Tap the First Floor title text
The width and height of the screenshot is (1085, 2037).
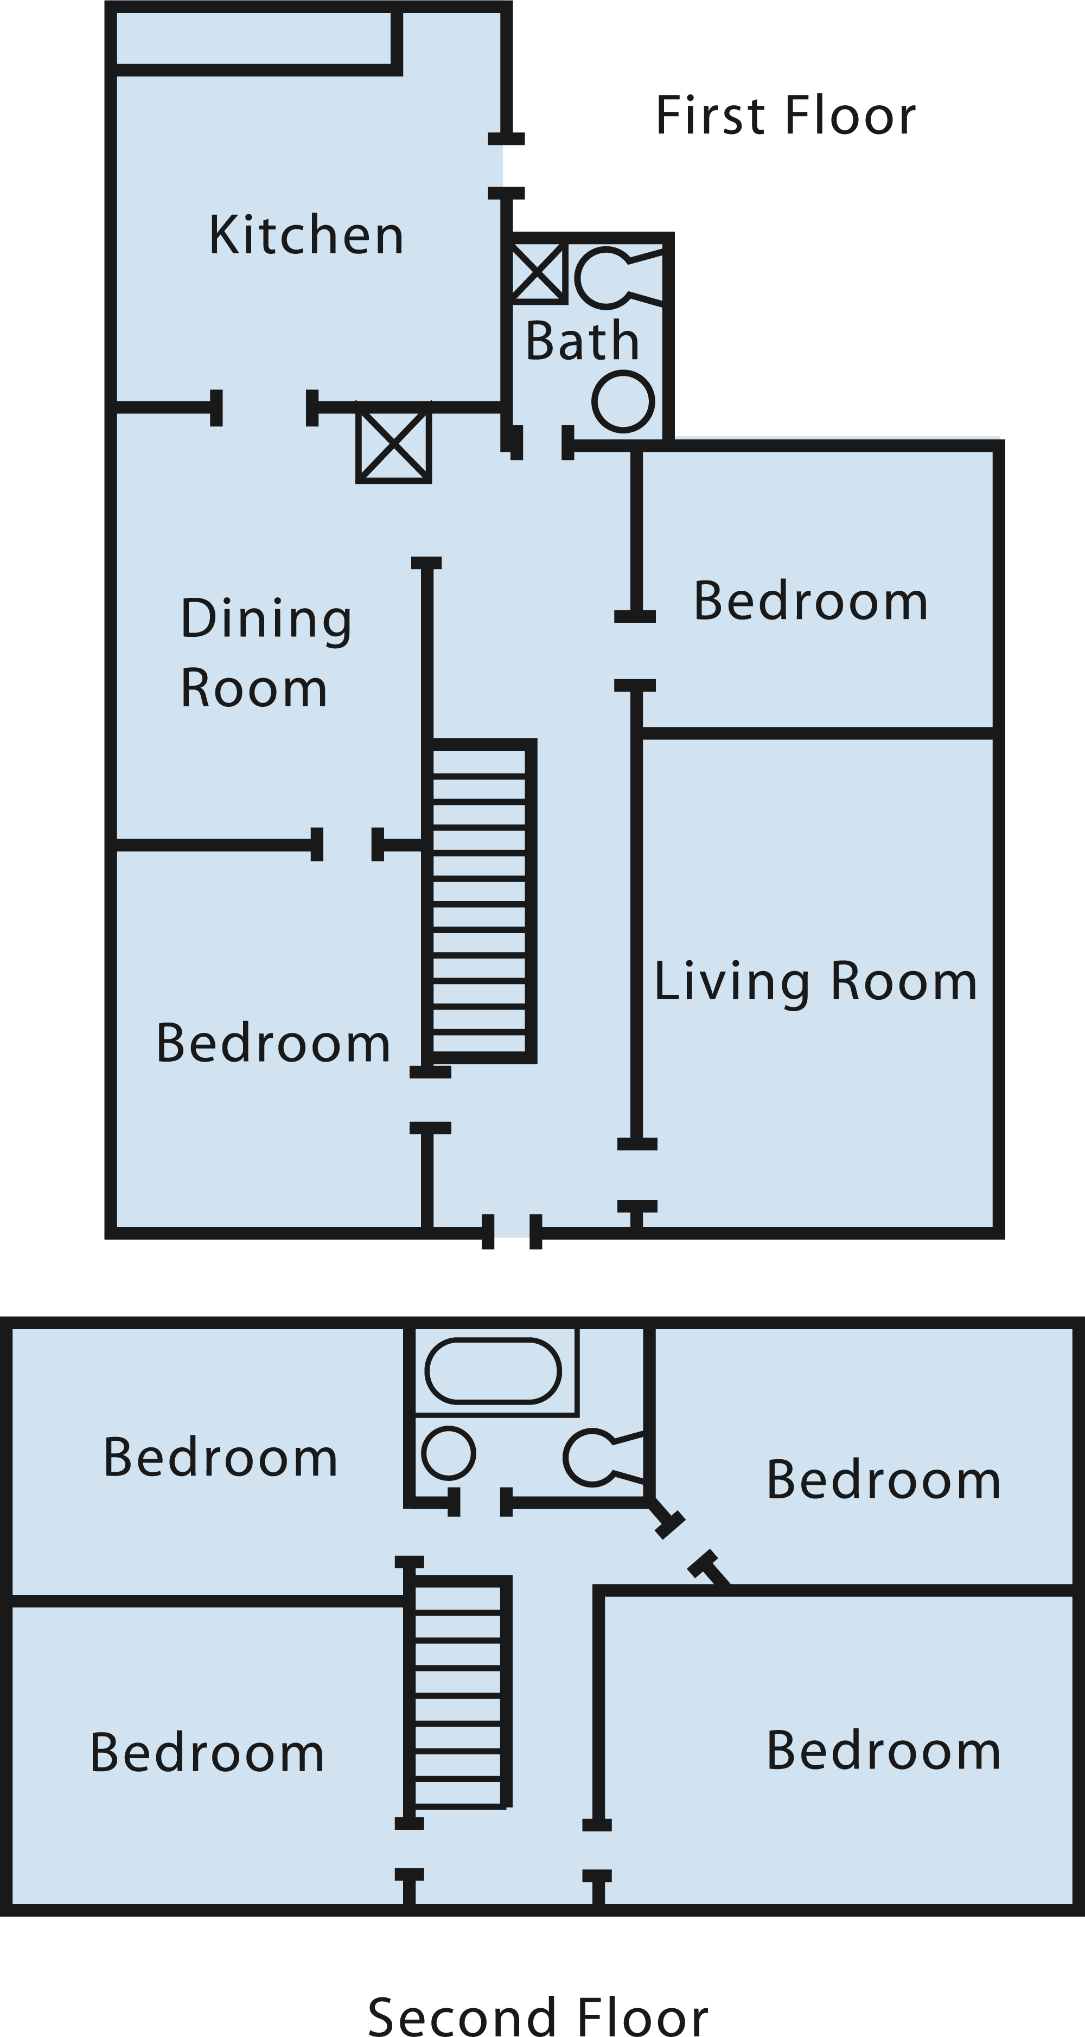tap(786, 116)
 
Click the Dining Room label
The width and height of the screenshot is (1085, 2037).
tap(266, 653)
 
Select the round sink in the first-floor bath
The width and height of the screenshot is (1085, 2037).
tap(623, 402)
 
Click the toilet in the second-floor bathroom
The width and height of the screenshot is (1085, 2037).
tap(603, 1457)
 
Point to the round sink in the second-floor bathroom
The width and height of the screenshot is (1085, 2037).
tap(449, 1453)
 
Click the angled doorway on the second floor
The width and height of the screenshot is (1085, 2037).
tap(686, 1541)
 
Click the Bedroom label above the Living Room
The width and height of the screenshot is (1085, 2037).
tap(810, 601)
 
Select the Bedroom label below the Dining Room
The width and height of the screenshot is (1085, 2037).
tap(273, 1043)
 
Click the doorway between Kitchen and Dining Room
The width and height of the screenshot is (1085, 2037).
tap(264, 408)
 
